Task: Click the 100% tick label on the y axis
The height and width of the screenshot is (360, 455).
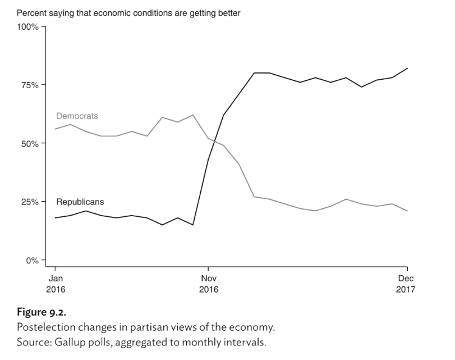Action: (27, 26)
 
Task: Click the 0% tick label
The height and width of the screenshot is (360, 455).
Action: (31, 260)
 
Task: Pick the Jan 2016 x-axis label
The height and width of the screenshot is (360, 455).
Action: (55, 284)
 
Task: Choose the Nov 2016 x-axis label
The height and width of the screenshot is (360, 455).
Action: (208, 284)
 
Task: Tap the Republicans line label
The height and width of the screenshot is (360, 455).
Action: (80, 201)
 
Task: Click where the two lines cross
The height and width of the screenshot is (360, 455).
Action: (215, 141)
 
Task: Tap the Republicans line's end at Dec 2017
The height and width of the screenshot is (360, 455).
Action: (407, 68)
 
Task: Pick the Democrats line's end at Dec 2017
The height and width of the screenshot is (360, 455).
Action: (407, 211)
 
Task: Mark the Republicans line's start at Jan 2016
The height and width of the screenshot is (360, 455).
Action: (55, 218)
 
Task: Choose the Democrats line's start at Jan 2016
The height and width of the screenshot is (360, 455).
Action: (55, 129)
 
